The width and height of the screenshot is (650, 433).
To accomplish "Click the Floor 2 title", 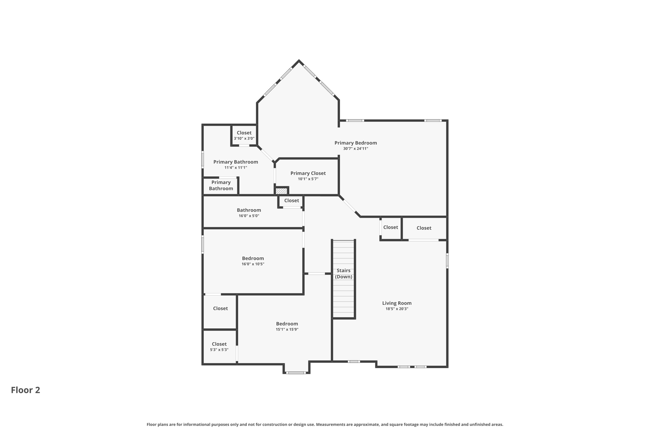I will click(25, 390).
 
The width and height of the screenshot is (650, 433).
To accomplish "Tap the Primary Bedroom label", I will click(355, 143).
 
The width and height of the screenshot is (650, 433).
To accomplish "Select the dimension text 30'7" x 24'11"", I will click(355, 148).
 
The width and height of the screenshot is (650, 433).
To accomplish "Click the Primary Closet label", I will click(308, 173).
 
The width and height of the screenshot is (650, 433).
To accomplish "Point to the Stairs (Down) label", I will click(343, 273).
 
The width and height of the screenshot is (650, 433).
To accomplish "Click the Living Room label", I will click(397, 303).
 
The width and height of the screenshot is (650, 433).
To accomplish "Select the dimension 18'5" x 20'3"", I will click(397, 309).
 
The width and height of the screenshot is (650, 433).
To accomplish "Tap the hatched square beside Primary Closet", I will click(281, 191).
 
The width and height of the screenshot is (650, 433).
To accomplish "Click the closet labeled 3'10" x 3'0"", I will click(244, 135).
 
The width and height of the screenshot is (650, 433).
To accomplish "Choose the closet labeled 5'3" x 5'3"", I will click(219, 346).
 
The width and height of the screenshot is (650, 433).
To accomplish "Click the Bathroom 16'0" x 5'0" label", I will click(249, 213).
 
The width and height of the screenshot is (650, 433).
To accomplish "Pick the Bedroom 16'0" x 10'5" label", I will click(253, 261).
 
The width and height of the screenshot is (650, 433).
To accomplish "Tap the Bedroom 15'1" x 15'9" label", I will click(287, 326).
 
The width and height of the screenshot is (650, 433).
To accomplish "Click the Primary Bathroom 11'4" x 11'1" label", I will click(235, 164).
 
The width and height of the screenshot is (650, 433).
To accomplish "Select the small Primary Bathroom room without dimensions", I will click(221, 186).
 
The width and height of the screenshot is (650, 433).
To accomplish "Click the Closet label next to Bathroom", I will click(291, 200).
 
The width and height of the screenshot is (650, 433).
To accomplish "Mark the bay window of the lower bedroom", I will click(296, 373).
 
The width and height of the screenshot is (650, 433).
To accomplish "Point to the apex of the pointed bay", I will click(299, 61).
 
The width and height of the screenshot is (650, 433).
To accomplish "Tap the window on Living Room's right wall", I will click(447, 260).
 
